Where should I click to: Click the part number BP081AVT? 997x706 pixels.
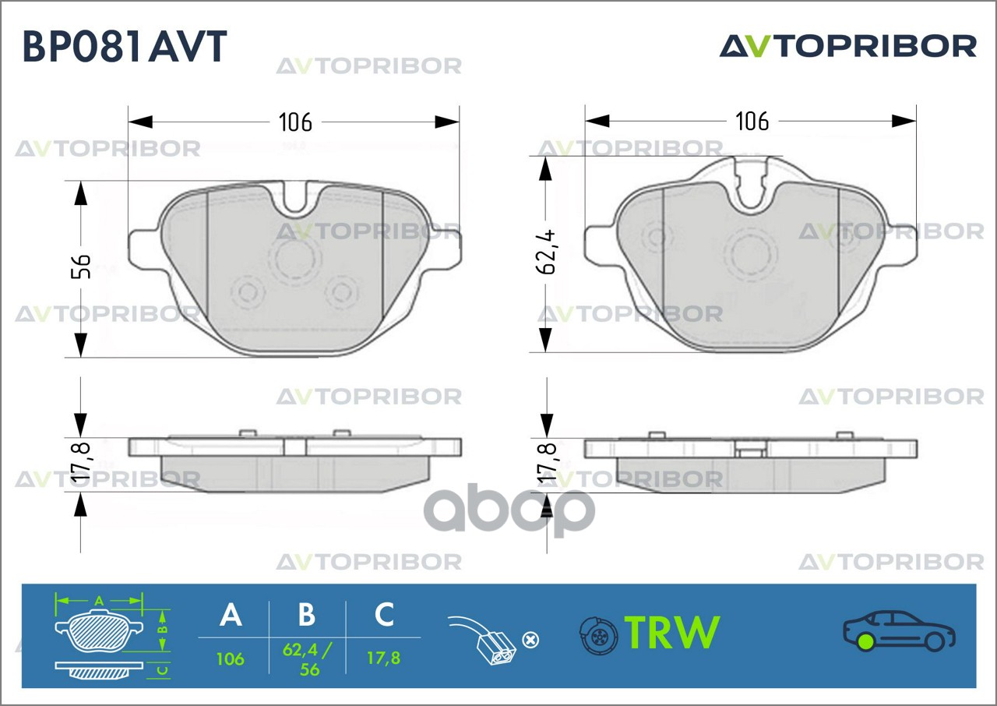125,46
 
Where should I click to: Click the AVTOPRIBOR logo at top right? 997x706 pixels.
848,46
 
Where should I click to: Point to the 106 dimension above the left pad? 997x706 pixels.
295,122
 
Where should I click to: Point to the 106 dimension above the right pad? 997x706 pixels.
752,121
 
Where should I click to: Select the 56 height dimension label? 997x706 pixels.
81,267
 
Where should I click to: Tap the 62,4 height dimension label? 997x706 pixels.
546,252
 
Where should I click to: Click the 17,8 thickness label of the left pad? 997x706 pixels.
81,463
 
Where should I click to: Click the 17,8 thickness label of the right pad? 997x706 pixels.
547,464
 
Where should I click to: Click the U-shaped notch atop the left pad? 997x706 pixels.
294,212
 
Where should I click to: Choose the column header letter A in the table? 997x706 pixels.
231,615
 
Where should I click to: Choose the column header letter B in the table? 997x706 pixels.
307,615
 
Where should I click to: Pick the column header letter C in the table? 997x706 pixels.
384,615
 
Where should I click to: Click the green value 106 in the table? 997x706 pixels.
230,659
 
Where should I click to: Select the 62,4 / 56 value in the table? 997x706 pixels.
307,660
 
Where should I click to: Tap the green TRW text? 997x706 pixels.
672,632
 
